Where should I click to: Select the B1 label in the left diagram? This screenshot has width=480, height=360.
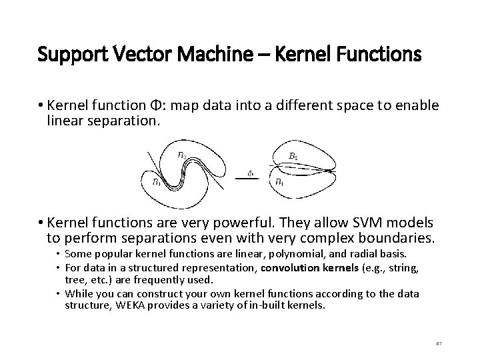coord(155,181)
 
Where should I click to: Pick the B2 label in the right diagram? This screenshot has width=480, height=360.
coord(293,157)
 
